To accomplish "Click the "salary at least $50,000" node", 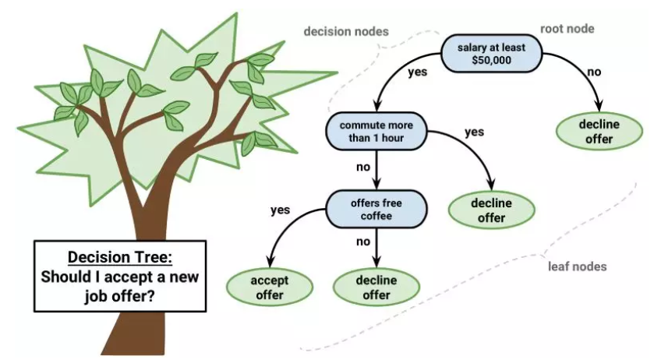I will (x=491, y=54).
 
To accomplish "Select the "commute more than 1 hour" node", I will (x=377, y=132).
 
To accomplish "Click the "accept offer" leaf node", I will (x=267, y=287).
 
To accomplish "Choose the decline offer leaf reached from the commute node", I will (x=491, y=210).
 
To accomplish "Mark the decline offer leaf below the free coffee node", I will (x=376, y=287).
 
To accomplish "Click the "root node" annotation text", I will (x=567, y=29).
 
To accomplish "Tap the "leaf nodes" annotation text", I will (x=577, y=266).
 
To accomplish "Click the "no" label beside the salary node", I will (x=594, y=72).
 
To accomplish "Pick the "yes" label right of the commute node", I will (x=474, y=132).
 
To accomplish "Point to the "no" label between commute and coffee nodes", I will (x=363, y=166).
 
